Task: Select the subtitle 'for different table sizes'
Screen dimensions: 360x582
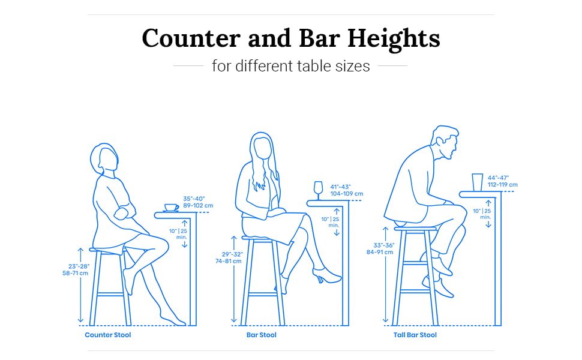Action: (290, 65)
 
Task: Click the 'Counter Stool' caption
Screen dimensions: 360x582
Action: (108, 335)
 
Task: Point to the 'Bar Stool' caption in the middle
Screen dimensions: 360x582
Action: (262, 335)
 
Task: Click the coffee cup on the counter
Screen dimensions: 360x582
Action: (171, 208)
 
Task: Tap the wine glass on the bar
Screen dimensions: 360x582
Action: (318, 189)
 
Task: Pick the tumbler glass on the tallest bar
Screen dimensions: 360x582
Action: (477, 182)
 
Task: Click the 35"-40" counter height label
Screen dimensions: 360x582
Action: (199, 202)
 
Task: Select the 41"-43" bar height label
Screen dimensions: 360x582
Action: (346, 190)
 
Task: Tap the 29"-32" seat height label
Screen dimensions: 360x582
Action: (229, 258)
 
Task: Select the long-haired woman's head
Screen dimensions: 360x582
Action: (262, 147)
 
